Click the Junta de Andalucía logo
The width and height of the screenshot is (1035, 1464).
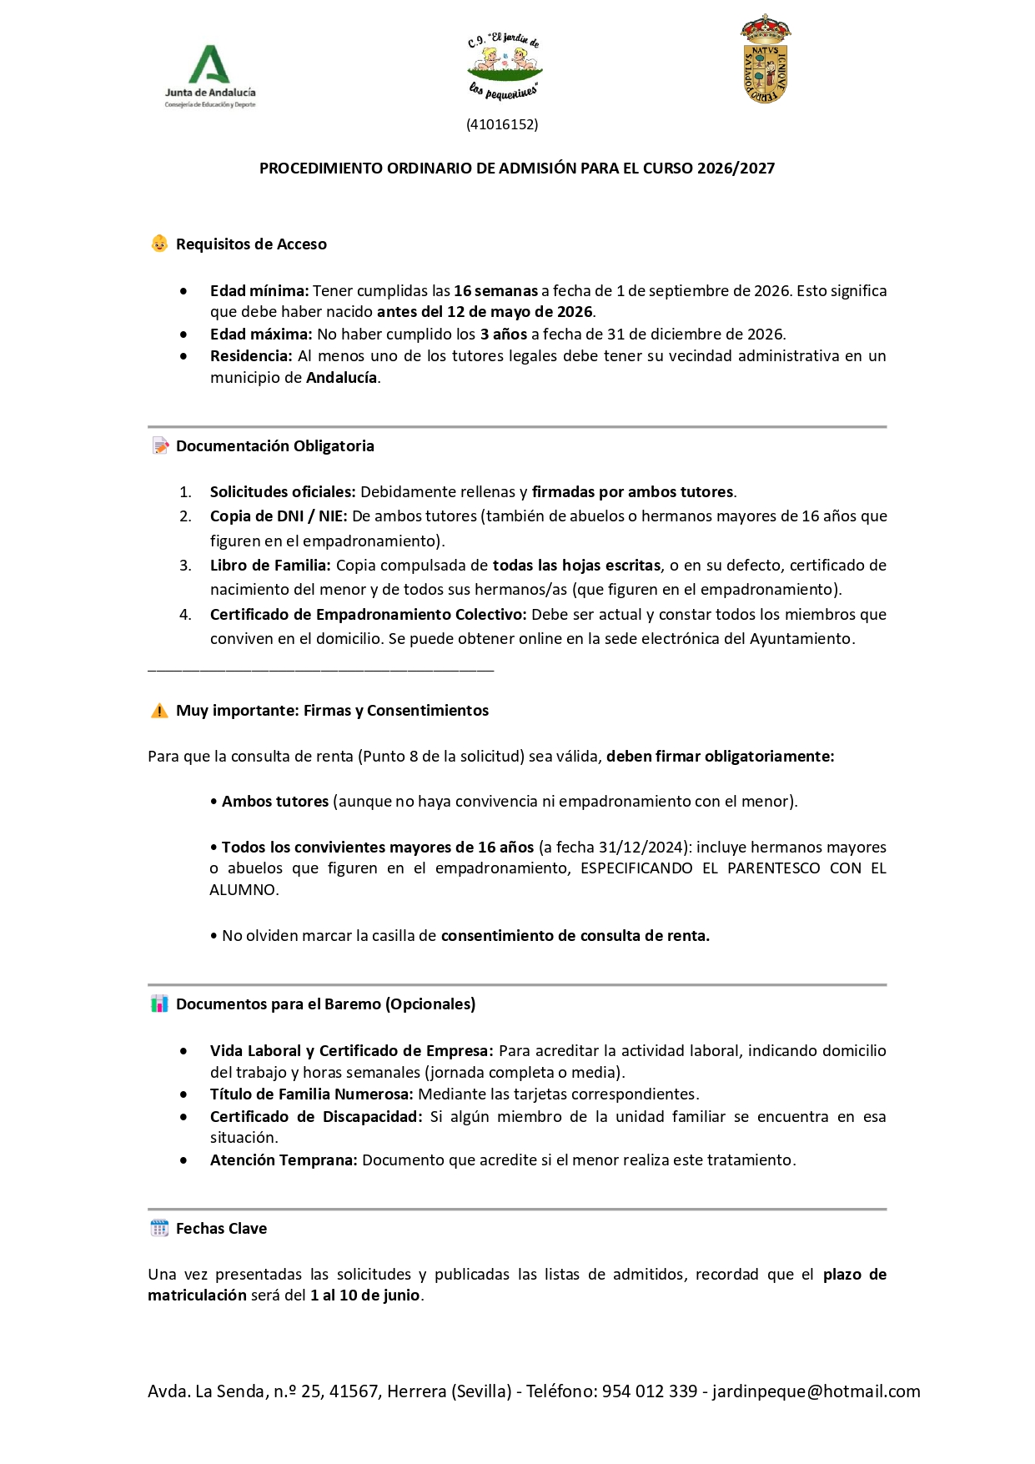coord(209,76)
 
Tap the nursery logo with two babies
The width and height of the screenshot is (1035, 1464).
coord(504,66)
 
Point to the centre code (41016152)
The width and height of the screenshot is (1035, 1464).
coord(502,124)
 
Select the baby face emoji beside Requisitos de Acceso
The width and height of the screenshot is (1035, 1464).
coord(159,244)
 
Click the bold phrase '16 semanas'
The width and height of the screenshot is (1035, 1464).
coord(495,291)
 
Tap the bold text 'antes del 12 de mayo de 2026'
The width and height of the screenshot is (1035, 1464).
coord(485,312)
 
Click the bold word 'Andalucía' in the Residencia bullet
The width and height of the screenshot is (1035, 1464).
coord(342,378)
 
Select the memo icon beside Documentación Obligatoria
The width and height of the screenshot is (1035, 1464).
coord(160,446)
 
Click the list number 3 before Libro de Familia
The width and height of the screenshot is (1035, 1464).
coord(185,566)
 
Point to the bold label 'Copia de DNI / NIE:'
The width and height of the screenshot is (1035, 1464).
coord(279,516)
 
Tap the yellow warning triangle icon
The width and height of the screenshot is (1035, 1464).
coord(159,711)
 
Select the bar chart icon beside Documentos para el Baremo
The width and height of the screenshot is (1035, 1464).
coord(159,1004)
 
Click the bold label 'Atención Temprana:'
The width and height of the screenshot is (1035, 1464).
coord(284,1160)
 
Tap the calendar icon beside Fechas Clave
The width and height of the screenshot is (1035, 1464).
coord(159,1228)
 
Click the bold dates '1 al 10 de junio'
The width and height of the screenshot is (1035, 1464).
coord(365,1295)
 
